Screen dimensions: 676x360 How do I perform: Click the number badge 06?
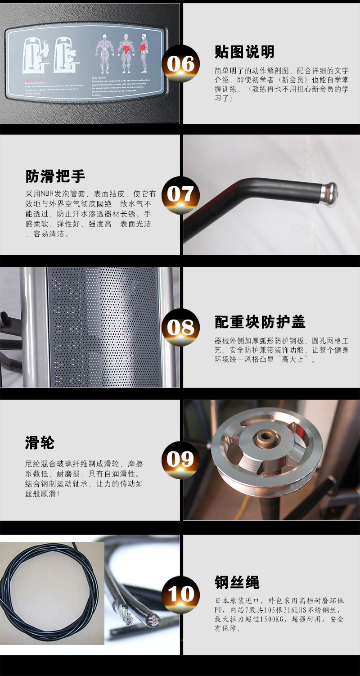click(x=180, y=64)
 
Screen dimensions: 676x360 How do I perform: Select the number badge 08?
click(x=180, y=327)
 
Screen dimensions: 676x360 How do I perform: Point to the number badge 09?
click(x=180, y=460)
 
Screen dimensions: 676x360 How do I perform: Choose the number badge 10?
click(x=180, y=594)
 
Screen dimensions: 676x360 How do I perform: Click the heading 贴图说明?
click(x=244, y=52)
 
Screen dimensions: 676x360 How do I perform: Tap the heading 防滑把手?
click(x=55, y=176)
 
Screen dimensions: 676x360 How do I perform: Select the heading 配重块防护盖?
click(x=260, y=322)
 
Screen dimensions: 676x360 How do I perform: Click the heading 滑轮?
click(x=40, y=442)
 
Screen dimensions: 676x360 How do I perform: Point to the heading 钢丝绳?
click(x=237, y=582)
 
